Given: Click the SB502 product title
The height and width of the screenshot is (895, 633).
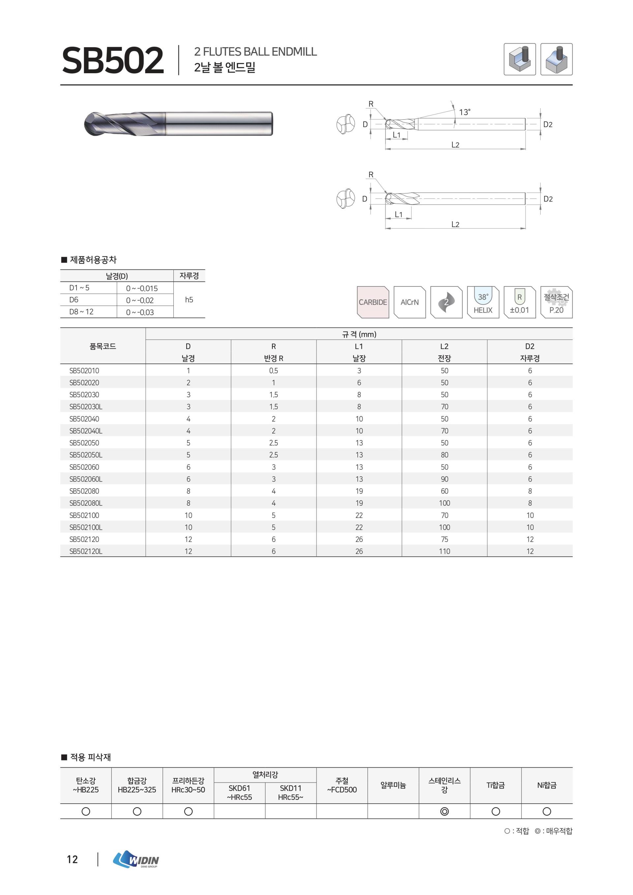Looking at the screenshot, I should (113, 60).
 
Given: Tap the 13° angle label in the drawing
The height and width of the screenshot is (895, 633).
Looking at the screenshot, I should (464, 112).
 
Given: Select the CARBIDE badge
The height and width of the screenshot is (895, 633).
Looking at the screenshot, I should (373, 302).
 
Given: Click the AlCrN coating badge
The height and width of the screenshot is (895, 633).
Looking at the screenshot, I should (409, 302).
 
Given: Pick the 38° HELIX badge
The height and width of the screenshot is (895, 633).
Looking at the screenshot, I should (483, 302).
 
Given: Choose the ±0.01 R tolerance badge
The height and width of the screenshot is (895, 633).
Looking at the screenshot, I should (519, 302).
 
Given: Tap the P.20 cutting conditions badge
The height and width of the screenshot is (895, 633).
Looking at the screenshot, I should (556, 302).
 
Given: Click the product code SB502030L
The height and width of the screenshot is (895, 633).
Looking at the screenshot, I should (86, 406).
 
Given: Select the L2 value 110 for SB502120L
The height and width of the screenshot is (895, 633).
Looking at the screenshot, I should (444, 551).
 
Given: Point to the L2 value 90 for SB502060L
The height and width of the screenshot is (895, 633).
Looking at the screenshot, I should (444, 479).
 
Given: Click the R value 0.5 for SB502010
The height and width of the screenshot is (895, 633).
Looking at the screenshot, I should (274, 371).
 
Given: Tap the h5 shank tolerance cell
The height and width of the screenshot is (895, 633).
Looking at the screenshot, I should (189, 300).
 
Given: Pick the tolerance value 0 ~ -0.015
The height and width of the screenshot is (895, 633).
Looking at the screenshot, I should (142, 288).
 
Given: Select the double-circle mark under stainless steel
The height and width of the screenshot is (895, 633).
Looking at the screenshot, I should (444, 811).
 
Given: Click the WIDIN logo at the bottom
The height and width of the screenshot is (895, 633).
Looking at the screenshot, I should (136, 859).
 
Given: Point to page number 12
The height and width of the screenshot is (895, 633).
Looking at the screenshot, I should (72, 859).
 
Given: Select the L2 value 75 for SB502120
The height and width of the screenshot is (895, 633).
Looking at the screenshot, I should (444, 539).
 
